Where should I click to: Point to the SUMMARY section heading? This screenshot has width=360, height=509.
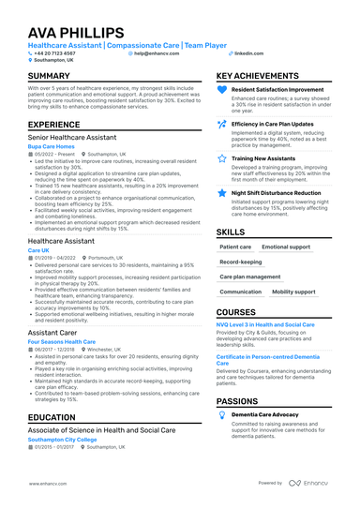point(49,76)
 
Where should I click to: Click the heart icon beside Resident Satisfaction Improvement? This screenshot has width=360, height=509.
point(221,90)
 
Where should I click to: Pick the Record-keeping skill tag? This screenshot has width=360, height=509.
point(241,262)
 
